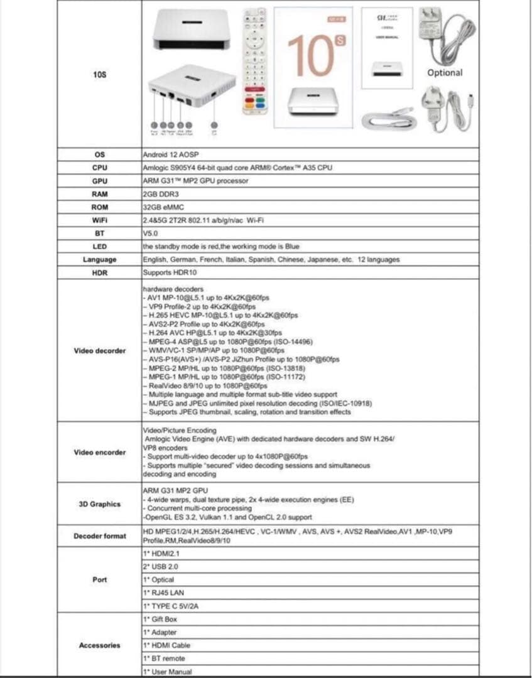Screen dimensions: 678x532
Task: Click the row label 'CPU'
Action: (x=99, y=168)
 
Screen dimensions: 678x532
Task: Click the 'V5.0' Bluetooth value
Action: (x=149, y=233)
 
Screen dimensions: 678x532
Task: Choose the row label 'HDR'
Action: (x=99, y=273)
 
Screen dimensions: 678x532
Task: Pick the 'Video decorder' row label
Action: (x=99, y=350)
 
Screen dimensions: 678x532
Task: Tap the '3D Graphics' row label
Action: (x=99, y=503)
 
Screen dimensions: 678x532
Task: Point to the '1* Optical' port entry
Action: (x=158, y=579)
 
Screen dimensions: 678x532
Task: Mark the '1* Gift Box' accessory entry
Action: (x=160, y=619)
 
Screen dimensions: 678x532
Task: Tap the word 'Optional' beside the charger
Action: (x=445, y=73)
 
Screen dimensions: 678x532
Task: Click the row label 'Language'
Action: (x=99, y=259)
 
